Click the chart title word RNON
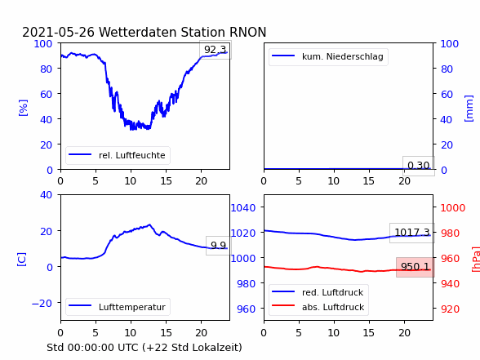[247, 32]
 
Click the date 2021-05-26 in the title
[58, 32]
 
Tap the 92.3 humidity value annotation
[216, 50]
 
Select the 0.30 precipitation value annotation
[419, 166]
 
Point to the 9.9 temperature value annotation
[218, 245]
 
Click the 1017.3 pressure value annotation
[412, 233]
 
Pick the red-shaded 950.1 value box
[415, 267]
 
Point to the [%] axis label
[23, 108]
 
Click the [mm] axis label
[469, 109]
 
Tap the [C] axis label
[21, 260]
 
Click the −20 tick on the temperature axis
[42, 303]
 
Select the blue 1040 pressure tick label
[243, 208]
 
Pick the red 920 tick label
[450, 309]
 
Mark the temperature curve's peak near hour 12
[149, 224]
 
